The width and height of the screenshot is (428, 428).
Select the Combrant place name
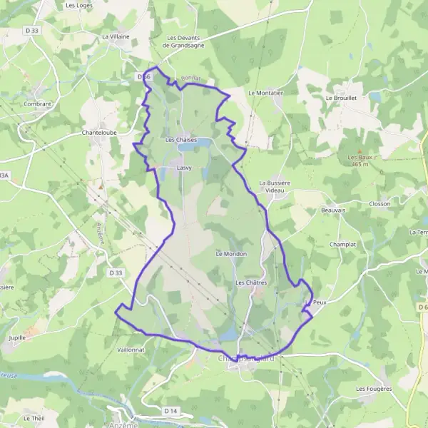[36, 104]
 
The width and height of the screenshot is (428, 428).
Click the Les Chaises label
[180, 140]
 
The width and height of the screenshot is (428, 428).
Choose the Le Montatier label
[265, 93]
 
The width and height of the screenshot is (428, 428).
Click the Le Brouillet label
[340, 98]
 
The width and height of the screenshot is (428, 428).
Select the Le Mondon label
[230, 253]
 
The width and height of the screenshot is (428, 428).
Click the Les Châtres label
[250, 283]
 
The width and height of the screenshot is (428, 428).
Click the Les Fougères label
[374, 389]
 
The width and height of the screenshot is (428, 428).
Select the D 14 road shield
[170, 411]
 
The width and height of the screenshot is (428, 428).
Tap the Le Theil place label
[34, 418]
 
